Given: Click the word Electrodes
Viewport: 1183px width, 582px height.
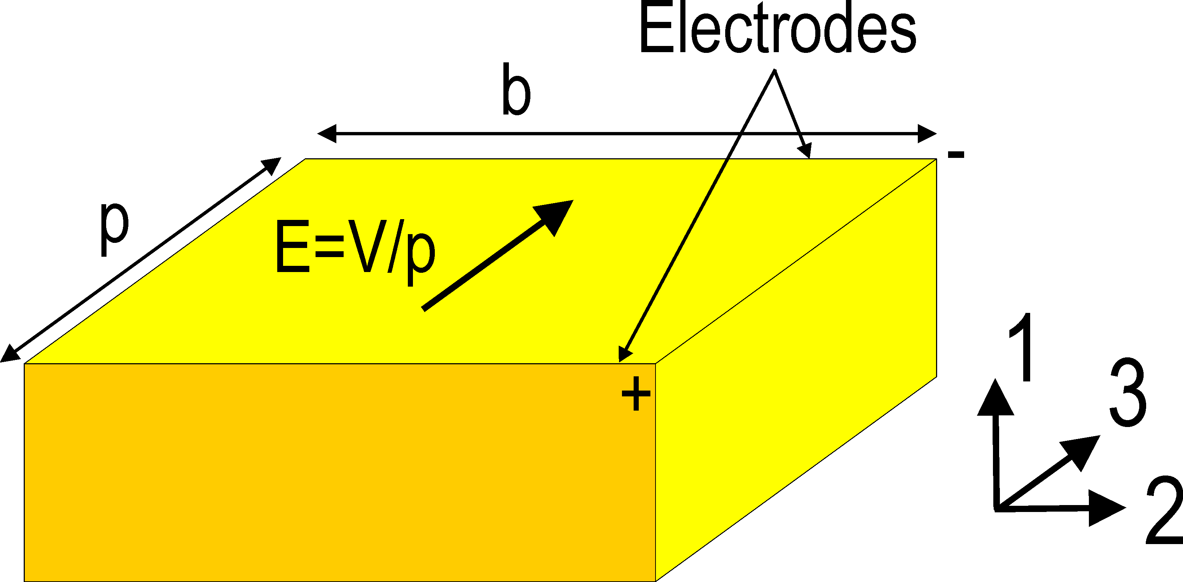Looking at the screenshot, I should tap(777, 28).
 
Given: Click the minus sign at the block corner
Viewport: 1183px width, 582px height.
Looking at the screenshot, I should tap(956, 155).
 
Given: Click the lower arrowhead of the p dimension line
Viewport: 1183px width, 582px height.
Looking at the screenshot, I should tap(9, 354).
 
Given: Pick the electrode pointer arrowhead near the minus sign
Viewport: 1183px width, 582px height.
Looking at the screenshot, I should tap(805, 151).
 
